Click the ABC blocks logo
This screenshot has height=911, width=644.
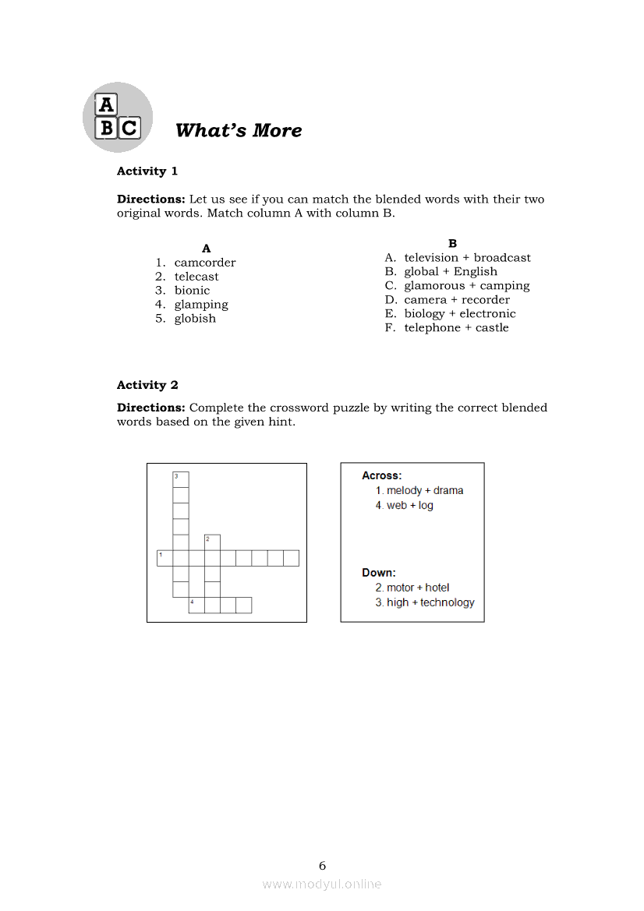coord(117,118)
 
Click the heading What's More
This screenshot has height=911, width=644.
coord(239,130)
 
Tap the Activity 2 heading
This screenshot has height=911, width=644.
coord(147,385)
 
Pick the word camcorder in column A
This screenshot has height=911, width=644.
coord(204,263)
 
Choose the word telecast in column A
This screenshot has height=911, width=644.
coord(196,277)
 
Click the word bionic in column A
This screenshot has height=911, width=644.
coord(192,291)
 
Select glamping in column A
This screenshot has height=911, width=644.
coord(201,305)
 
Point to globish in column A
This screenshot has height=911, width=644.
coord(195,319)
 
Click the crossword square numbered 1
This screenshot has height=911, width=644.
coord(165,558)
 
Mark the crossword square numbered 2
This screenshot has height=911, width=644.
coord(212,542)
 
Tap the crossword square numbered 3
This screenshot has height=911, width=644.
coord(181,479)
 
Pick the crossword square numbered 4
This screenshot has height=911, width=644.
coord(196,606)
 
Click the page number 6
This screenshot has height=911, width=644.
coord(322,866)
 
